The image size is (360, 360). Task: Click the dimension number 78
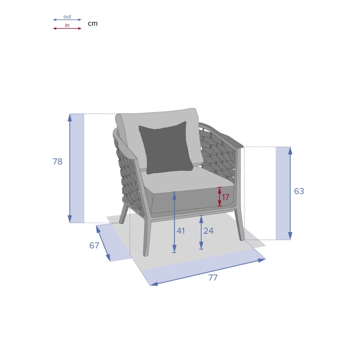[x=58, y=162]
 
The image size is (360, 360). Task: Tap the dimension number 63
[x=299, y=191]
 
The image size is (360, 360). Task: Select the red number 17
[x=225, y=197]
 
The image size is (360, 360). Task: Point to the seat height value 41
[x=181, y=231]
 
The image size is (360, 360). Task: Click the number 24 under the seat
[x=208, y=231]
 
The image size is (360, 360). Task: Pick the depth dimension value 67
[x=94, y=245]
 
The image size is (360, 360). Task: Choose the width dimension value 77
[x=213, y=278]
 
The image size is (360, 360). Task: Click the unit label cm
[x=93, y=24]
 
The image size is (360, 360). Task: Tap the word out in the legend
[x=67, y=17]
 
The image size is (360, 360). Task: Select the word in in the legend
[x=67, y=25]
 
